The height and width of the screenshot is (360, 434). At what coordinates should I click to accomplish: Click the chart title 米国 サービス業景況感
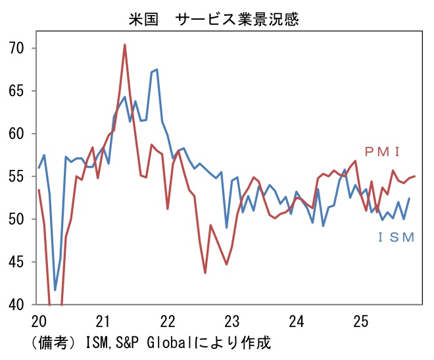pos(214,19)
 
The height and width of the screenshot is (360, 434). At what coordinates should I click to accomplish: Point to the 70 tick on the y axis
pos(17,48)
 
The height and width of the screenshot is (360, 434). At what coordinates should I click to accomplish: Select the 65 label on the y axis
pos(17,91)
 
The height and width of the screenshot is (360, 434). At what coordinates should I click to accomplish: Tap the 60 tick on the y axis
pos(17,134)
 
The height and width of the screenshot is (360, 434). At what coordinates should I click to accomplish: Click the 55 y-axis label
pos(17,176)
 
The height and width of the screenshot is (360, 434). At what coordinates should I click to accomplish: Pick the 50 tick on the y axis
pos(17,219)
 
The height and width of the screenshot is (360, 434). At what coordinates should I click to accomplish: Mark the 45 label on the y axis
pos(17,262)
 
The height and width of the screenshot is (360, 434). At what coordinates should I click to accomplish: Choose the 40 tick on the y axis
pos(17,305)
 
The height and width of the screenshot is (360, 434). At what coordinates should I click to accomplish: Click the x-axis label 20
pos(39,321)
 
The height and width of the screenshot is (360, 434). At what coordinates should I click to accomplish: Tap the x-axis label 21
pos(103,321)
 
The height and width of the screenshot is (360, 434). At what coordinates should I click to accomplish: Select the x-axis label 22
pos(168,321)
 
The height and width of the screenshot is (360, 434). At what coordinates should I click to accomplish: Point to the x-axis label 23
pos(232,321)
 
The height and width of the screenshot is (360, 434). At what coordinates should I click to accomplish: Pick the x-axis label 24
pos(297,321)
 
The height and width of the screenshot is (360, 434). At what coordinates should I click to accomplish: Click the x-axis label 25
pos(361,321)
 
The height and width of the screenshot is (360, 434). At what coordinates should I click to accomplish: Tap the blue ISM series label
pos(397,238)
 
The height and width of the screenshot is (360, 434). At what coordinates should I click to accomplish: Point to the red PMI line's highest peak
pos(125,45)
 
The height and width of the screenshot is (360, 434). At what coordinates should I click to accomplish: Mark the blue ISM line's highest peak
pos(157,69)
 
